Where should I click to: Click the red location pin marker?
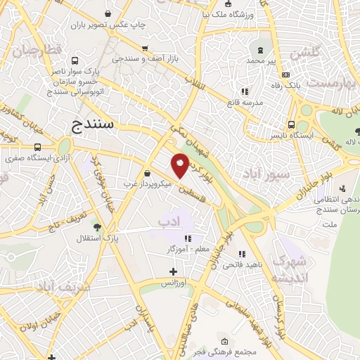click(x=180, y=165)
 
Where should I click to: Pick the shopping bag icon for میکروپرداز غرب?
click(x=146, y=173)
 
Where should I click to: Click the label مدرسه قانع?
click(x=244, y=102)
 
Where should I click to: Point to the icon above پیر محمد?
click(x=262, y=50)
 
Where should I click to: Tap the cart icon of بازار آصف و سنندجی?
click(x=145, y=49)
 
